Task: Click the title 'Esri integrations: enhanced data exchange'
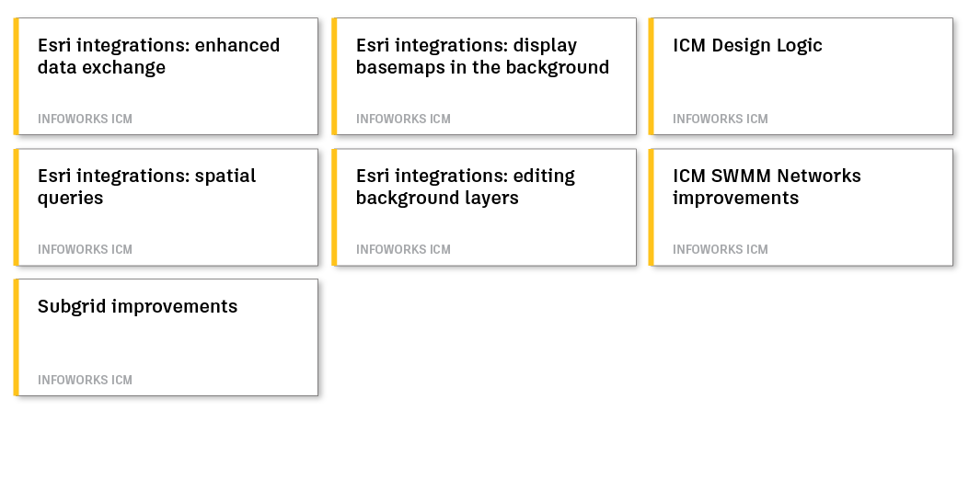158,56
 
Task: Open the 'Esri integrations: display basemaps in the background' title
482,56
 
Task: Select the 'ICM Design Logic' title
747,45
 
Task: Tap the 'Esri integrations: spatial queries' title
146,187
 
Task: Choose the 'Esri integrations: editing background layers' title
465,187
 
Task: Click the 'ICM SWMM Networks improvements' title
767,187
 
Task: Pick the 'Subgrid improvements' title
137,306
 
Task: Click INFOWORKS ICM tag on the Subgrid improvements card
85,380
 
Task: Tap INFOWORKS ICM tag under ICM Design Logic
720,119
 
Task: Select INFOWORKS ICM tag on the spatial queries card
85,249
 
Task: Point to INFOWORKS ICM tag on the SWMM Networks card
720,249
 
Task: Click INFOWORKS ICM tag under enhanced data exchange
85,119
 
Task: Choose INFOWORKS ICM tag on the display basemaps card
403,119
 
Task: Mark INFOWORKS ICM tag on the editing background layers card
403,249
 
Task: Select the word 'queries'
70,199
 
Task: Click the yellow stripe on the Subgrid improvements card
16,336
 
